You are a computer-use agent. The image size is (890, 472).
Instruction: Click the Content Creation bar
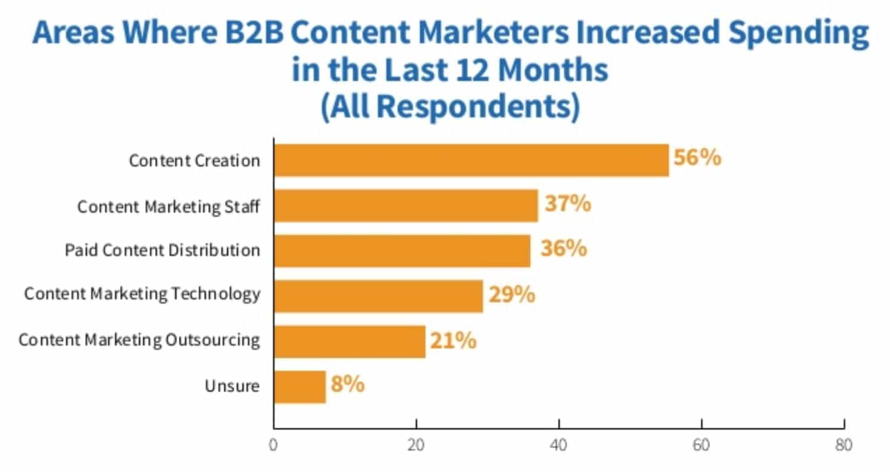tap(471, 160)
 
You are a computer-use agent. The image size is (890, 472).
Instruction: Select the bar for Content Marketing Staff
tap(406, 206)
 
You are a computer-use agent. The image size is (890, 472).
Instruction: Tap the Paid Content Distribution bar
tap(402, 250)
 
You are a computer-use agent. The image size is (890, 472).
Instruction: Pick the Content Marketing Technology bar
tap(378, 296)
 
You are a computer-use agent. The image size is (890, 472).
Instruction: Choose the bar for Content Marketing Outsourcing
tap(349, 341)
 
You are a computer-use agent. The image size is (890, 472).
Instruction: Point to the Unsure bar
tap(300, 387)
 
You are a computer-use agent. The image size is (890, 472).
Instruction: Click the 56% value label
tap(697, 159)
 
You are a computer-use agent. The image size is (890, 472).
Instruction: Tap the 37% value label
tap(567, 204)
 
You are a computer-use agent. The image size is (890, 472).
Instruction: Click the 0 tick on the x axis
tap(273, 445)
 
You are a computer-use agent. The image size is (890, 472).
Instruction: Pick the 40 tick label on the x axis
tap(559, 445)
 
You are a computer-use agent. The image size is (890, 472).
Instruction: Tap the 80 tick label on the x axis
tap(843, 445)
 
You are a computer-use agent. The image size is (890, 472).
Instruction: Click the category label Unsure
tap(232, 386)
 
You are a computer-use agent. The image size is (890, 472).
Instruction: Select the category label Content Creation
tap(195, 161)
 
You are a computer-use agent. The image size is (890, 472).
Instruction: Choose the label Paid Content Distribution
tap(162, 250)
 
